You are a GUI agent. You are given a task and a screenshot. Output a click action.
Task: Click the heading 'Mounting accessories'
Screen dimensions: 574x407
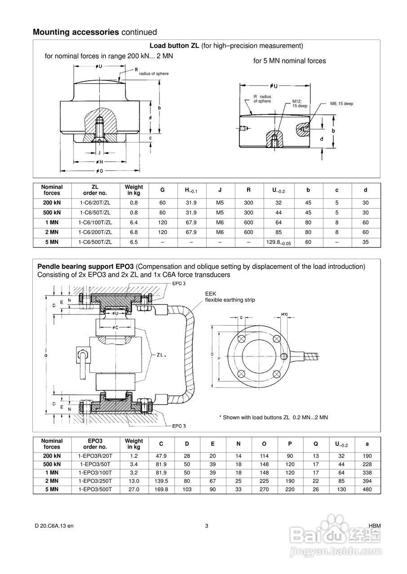(76, 32)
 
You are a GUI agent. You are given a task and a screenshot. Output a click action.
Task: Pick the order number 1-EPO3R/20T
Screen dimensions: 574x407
(95, 456)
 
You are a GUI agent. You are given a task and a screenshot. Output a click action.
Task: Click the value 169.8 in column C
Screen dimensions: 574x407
(161, 490)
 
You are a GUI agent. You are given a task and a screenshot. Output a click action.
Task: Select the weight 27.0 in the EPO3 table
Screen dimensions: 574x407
(134, 490)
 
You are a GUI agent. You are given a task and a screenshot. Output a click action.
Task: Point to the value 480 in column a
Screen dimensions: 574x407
(367, 490)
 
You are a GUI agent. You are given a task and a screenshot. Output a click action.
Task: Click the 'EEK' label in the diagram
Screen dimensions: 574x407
(210, 294)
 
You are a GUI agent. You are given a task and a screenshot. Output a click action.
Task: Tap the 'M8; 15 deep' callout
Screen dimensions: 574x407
(341, 104)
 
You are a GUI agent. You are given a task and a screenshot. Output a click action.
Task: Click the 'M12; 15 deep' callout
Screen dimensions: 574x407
(300, 104)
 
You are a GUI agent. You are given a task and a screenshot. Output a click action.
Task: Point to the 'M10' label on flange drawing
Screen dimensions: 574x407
(284, 314)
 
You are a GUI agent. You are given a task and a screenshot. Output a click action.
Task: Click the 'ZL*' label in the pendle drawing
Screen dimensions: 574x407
(162, 355)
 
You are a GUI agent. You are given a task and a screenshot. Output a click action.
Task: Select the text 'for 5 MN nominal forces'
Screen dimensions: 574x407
(289, 61)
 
